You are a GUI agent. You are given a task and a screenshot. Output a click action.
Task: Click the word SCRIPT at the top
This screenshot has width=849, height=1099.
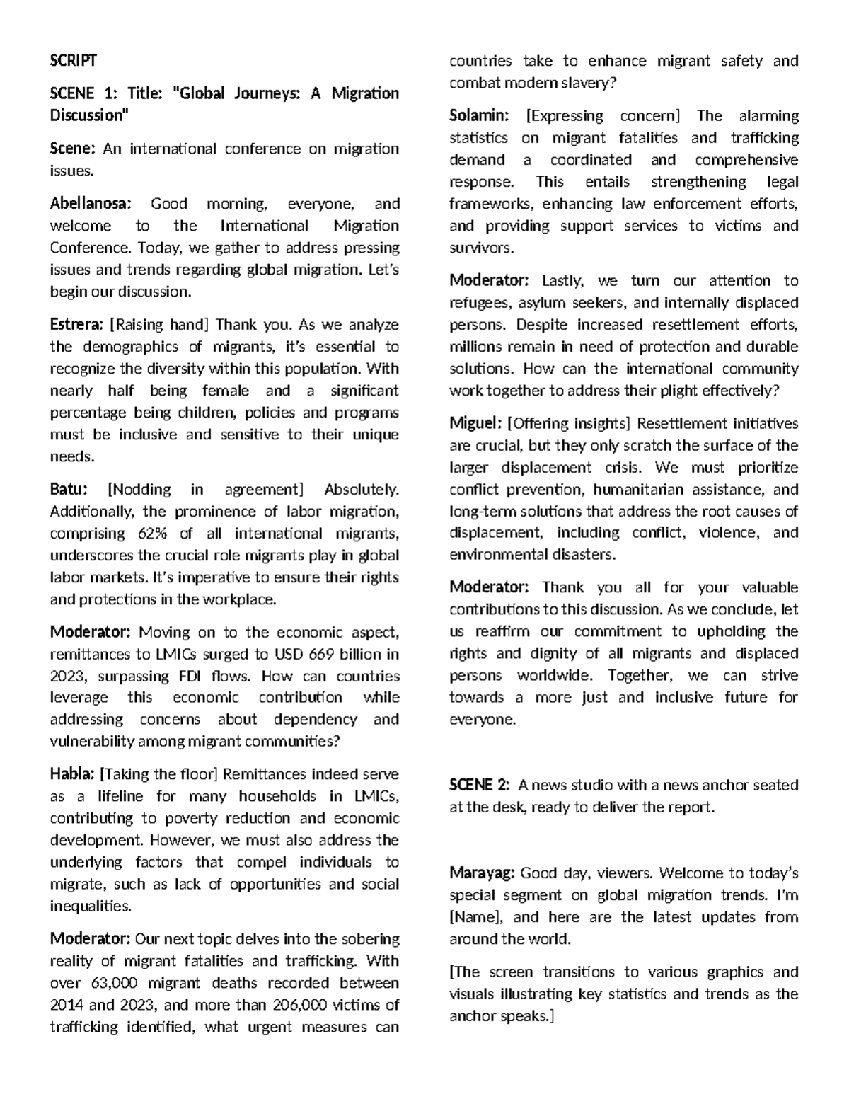pos(73,60)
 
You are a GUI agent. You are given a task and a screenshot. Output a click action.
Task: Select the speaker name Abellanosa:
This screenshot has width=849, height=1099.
pos(91,204)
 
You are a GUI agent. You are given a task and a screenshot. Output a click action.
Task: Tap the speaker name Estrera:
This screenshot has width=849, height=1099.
pos(77,325)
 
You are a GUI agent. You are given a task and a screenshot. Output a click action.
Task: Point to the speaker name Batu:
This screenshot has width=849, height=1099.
pos(69,490)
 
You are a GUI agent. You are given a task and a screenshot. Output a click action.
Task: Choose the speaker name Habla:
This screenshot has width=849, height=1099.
pos(72,774)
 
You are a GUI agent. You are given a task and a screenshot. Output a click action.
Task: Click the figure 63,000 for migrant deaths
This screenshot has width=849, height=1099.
pos(114,983)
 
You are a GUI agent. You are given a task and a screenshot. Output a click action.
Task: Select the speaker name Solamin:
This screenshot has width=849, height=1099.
pos(480,116)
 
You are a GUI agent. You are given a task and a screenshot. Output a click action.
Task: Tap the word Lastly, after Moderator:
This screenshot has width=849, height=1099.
pos(562,281)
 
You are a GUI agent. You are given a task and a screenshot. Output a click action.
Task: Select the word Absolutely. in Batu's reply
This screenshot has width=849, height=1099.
pos(361,490)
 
